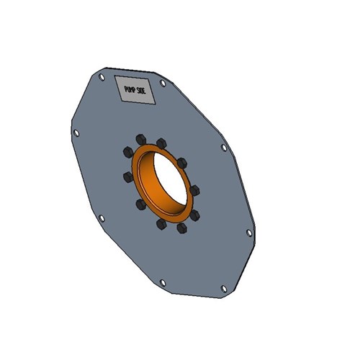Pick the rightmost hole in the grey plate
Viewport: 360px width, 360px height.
tap(249, 233)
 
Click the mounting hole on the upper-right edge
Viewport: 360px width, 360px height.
tap(224, 148)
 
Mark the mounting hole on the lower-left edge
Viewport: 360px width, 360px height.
tap(102, 218)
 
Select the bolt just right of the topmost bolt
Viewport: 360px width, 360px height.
tap(162, 143)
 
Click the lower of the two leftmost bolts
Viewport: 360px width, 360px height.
tap(127, 176)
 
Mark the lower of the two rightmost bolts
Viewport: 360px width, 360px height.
tap(195, 214)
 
